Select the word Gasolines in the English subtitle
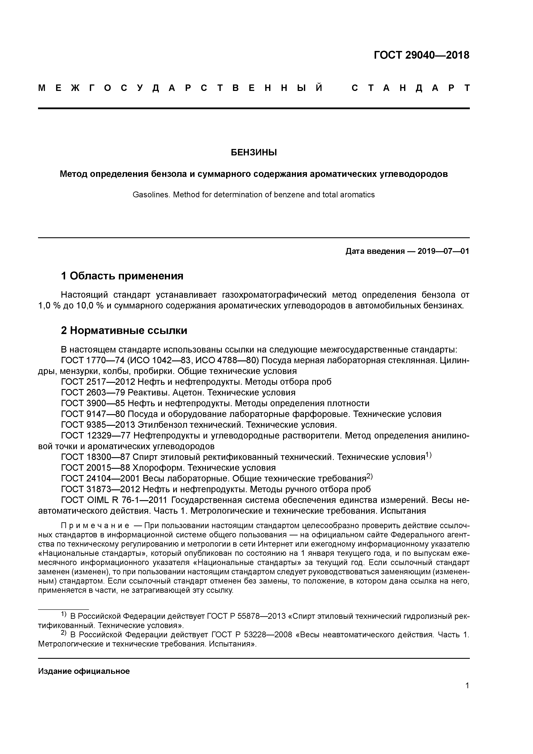click(151, 195)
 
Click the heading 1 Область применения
click(122, 276)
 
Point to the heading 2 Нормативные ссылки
click(124, 330)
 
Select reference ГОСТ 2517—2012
click(98, 382)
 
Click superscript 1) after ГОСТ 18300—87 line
click(428, 455)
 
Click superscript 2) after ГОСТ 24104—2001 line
click(369, 476)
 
